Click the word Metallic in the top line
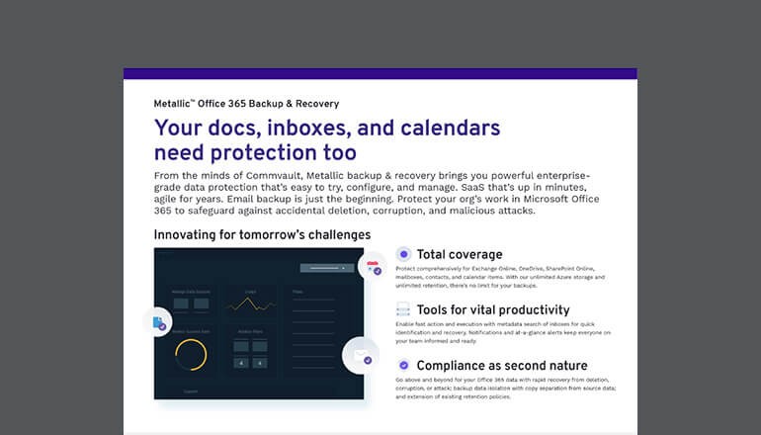tap(176, 103)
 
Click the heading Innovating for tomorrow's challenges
tap(262, 234)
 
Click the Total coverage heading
tap(459, 254)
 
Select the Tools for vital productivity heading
tap(492, 309)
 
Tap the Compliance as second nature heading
tap(501, 366)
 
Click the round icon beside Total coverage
tap(403, 254)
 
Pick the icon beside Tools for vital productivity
tap(403, 309)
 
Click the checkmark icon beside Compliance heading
tap(403, 366)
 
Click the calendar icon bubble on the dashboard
tap(374, 267)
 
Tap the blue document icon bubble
tap(158, 322)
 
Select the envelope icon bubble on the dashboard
tap(361, 357)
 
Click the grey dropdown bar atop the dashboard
tap(326, 267)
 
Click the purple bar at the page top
tap(380, 73)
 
